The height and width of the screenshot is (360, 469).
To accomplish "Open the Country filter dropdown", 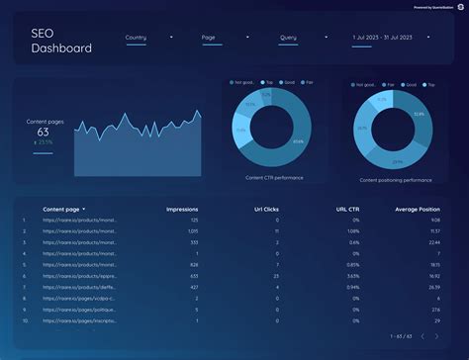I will tap(148, 38).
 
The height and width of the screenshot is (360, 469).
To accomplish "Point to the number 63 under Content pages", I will tap(43, 132).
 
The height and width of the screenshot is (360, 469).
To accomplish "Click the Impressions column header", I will tap(183, 210).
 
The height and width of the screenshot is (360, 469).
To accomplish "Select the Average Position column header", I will tap(419, 210).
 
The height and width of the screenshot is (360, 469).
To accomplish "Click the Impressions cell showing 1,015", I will tap(192, 230).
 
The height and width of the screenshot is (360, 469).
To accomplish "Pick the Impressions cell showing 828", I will tap(193, 265).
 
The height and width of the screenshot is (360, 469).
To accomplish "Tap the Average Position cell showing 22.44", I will tap(433, 242).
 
